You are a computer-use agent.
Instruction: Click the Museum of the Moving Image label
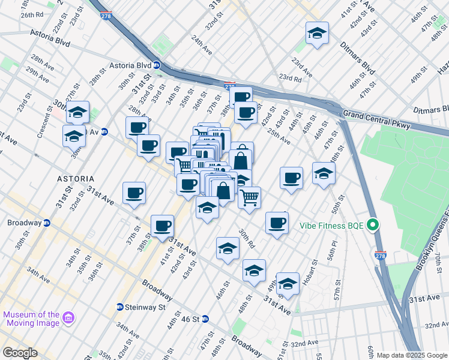(31, 319)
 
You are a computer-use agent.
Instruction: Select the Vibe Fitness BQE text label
(333, 227)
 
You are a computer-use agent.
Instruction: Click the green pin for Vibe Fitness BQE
(373, 226)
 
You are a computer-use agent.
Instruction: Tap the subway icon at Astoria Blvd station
(157, 65)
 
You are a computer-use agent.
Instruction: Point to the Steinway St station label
(145, 307)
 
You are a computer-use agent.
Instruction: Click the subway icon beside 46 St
(205, 319)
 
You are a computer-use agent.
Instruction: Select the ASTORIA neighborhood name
(75, 179)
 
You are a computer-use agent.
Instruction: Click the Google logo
(19, 353)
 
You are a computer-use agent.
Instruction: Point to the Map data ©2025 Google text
(412, 355)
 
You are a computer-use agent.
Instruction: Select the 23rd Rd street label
(290, 78)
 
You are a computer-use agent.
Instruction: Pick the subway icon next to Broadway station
(47, 223)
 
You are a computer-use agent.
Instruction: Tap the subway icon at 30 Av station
(104, 132)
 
